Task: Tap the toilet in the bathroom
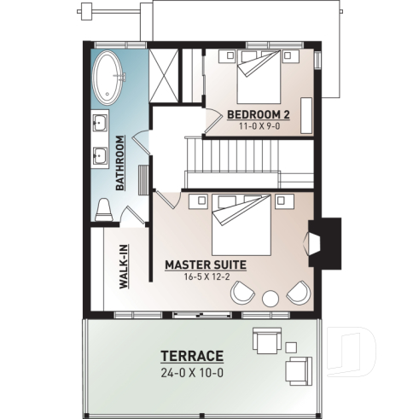point(103,208)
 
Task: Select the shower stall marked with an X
point(164,76)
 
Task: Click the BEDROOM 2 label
point(257,113)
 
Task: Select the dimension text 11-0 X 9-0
point(257,126)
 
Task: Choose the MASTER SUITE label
point(205,265)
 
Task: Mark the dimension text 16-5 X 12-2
point(205,277)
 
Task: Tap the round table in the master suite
point(271,298)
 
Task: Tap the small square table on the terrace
point(291,347)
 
